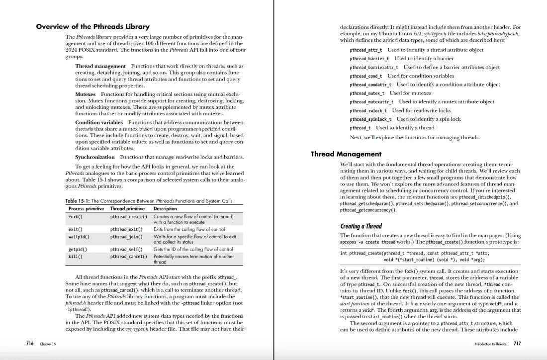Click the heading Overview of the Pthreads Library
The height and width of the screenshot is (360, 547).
click(92, 26)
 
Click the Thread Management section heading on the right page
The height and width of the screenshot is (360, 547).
click(346, 154)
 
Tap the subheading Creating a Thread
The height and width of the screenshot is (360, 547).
click(361, 226)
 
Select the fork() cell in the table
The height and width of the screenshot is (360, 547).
click(75, 217)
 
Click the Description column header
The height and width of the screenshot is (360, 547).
click(165, 209)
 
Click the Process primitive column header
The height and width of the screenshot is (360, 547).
click(86, 209)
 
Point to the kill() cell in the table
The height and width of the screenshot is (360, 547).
click(75, 257)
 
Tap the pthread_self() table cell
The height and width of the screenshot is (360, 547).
click(126, 249)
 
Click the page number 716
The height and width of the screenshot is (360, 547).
click(30, 344)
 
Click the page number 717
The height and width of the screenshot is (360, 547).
click(517, 344)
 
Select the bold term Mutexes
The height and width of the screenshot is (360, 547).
click(86, 94)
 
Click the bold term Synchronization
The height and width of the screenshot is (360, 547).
click(94, 157)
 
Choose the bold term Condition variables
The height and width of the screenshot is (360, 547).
click(99, 122)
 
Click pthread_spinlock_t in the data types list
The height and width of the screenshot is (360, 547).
click(370, 119)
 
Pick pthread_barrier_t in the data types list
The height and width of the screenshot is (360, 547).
click(369, 59)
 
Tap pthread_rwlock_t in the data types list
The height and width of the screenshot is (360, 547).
click(368, 110)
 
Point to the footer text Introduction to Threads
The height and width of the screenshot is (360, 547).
click(490, 344)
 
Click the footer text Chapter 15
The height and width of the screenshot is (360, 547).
click(48, 344)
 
